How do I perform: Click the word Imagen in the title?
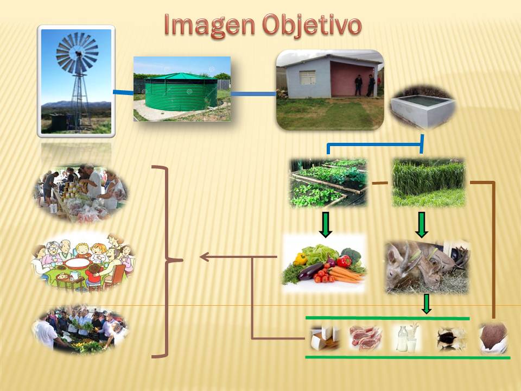click(209, 26)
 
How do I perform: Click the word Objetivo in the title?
click(312, 26)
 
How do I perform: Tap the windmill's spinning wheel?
click(78, 52)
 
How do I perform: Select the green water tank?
click(181, 91)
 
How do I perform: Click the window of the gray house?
click(307, 77)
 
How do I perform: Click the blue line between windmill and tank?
click(123, 92)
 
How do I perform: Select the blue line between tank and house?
click(253, 94)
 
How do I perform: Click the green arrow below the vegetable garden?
click(326, 225)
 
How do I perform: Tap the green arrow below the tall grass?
click(422, 225)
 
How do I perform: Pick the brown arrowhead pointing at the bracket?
click(205, 257)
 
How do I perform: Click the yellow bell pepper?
click(300, 258)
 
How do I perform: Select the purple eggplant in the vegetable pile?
click(311, 272)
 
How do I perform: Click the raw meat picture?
click(365, 338)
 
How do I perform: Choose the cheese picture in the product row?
click(325, 338)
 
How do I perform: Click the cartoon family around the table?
click(83, 263)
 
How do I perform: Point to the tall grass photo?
click(429, 182)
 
